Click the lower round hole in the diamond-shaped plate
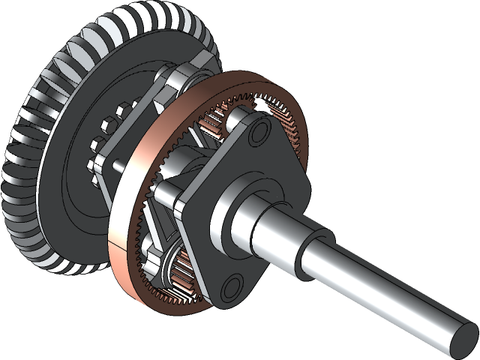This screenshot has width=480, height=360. click(x=232, y=284)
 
